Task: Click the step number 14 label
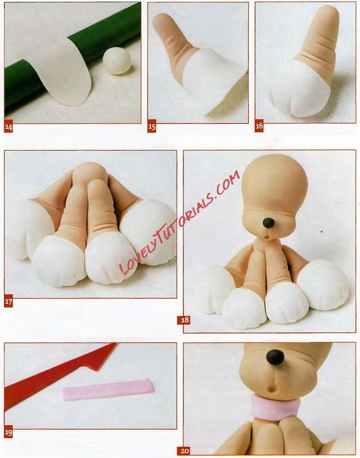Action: pos(9,127)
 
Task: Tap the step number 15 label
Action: pos(152,127)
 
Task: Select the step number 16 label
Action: pos(259,126)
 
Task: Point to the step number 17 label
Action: pos(9,302)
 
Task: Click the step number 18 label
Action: pos(184,319)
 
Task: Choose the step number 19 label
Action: pos(9,433)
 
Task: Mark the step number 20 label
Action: pos(184,451)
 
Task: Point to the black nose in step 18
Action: pos(269,223)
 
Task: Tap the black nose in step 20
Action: pos(275,357)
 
